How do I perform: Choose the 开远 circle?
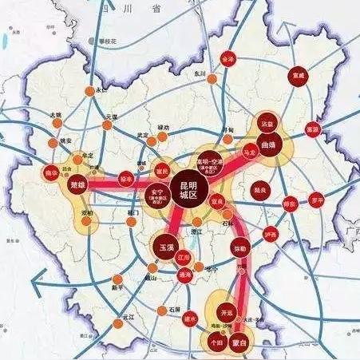[x=227, y=312]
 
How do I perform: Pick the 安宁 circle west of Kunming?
[x=158, y=196]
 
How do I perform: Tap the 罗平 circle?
[x=318, y=199]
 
